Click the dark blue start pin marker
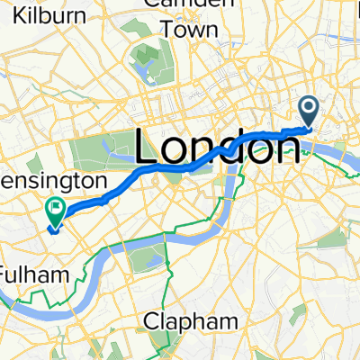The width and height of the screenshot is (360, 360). pos(309,112)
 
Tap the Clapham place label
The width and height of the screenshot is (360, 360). pos(184,321)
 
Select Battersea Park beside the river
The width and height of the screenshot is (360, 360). pos(144,259)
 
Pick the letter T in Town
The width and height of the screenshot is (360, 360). pos(168,30)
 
